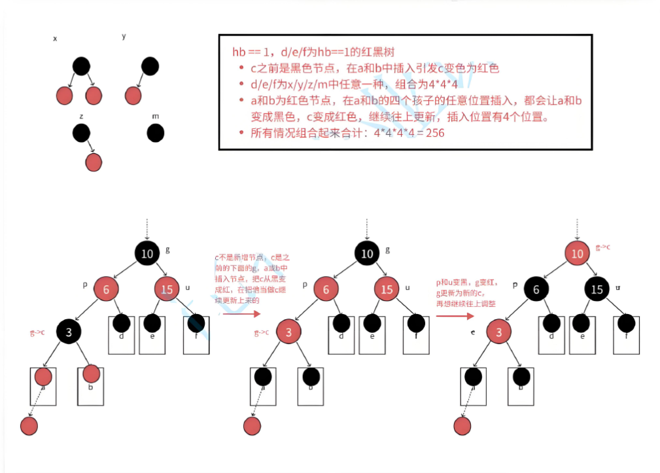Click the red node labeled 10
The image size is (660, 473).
tap(576, 254)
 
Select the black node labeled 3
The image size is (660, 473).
tap(69, 332)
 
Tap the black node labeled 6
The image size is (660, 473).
tap(536, 289)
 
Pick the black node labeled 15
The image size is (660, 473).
tap(597, 289)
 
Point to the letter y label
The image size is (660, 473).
tap(124, 36)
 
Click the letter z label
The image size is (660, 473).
tap(81, 115)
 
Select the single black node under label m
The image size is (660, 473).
tap(156, 133)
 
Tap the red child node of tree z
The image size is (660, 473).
tap(94, 162)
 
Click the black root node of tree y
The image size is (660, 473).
tap(150, 66)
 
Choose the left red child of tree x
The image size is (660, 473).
tap(64, 96)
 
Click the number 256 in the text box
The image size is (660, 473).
tap(435, 133)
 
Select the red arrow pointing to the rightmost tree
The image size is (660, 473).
tap(455, 316)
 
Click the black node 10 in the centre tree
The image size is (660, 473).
tap(368, 254)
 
